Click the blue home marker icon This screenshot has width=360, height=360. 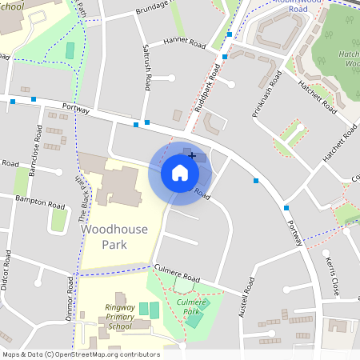pyautogui.click(x=179, y=173)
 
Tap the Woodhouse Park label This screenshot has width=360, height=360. pyautogui.click(x=114, y=238)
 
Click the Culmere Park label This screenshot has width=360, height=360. pyautogui.click(x=191, y=308)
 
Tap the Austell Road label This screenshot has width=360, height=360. pyautogui.click(x=244, y=298)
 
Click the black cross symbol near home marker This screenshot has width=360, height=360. pyautogui.click(x=192, y=155)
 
